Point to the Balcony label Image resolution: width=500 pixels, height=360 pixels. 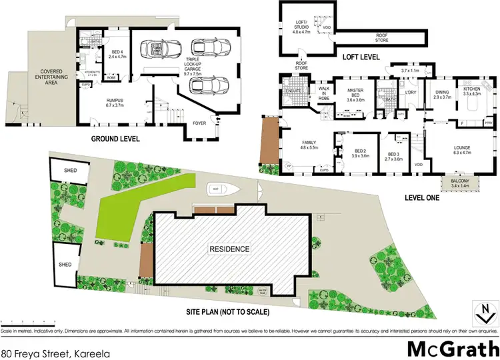coord(459,183)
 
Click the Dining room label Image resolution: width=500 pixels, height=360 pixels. coord(443,94)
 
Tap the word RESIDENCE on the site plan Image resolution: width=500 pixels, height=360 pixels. coord(231,249)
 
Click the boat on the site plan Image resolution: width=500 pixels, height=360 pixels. coord(216,189)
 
